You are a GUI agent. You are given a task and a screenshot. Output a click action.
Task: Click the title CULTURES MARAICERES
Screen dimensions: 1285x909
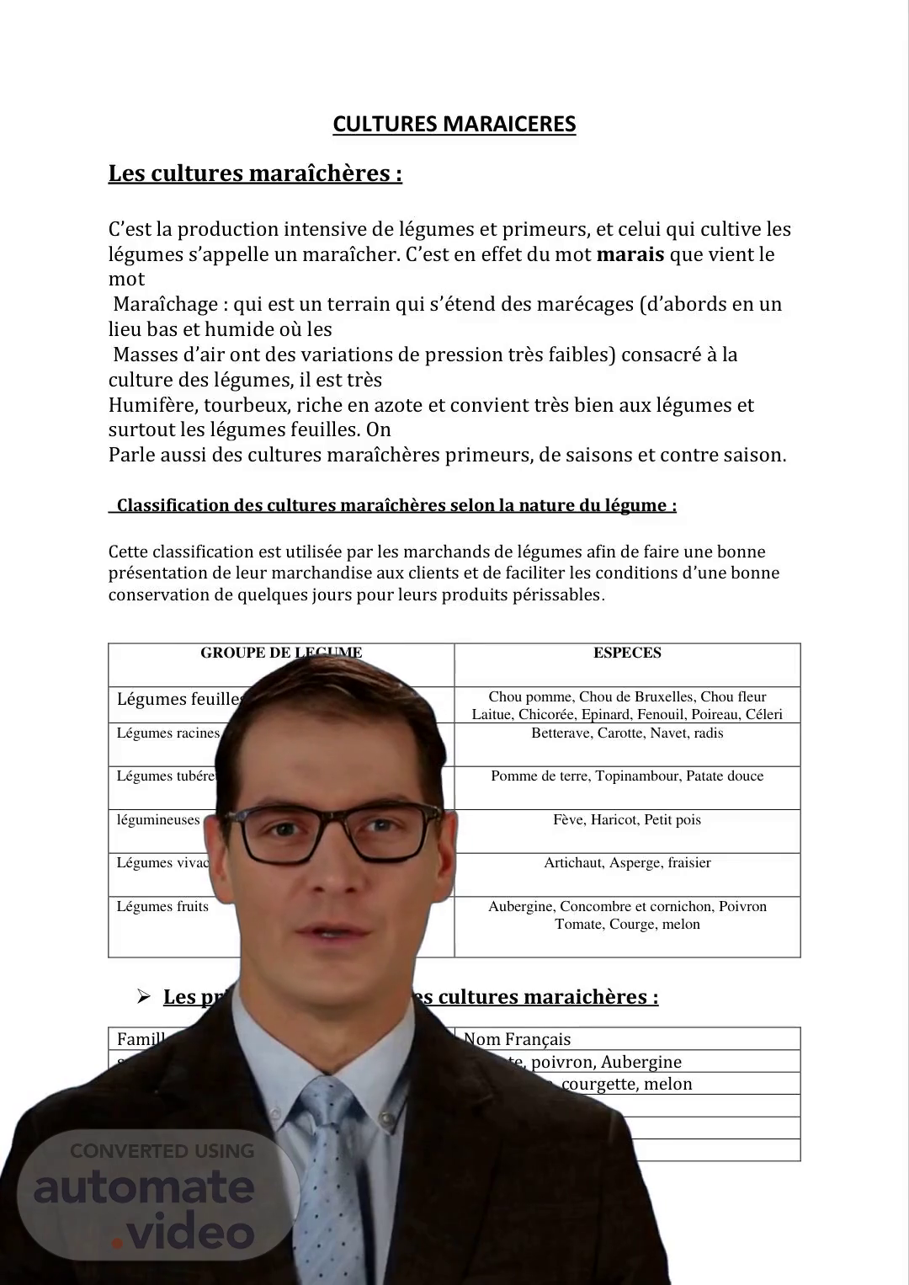pyautogui.click(x=454, y=124)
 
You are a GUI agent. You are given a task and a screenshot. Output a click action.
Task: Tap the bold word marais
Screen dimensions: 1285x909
pyautogui.click(x=630, y=254)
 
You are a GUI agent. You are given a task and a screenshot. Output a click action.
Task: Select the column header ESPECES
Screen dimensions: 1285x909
pyautogui.click(x=627, y=653)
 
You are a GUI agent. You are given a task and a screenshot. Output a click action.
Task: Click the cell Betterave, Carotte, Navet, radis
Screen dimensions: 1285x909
pyautogui.click(x=627, y=733)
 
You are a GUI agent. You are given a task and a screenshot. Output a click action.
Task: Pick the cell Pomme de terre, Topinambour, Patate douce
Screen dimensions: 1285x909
pyautogui.click(x=627, y=776)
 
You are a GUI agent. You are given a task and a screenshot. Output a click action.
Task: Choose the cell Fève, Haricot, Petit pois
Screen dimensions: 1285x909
pyautogui.click(x=627, y=820)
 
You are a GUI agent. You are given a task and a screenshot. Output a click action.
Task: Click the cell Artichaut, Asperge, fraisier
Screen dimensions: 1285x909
pyautogui.click(x=627, y=863)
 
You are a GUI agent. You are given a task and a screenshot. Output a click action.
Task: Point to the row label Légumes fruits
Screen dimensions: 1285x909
pyautogui.click(x=162, y=907)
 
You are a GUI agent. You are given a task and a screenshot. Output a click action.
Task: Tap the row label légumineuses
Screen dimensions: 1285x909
pyautogui.click(x=158, y=820)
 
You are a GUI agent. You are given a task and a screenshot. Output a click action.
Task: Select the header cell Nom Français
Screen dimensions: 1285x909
pyautogui.click(x=517, y=1039)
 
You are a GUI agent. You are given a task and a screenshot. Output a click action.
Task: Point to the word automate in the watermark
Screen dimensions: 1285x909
pyautogui.click(x=144, y=1187)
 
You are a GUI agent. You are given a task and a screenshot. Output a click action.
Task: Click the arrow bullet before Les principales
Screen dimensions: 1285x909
pyautogui.click(x=144, y=997)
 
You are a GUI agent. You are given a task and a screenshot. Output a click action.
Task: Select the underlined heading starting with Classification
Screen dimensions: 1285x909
pyautogui.click(x=396, y=505)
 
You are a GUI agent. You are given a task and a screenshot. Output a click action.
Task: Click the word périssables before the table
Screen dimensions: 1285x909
pyautogui.click(x=557, y=595)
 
